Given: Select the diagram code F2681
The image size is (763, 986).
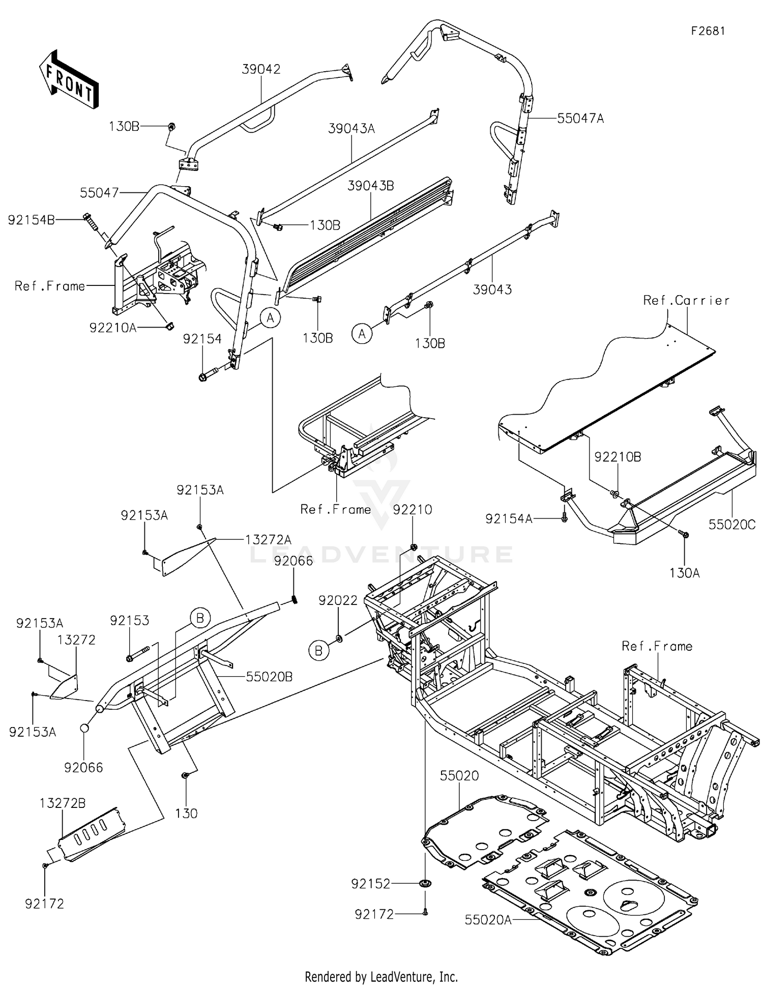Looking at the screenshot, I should (708, 31).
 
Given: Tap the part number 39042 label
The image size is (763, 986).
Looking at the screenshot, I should (261, 69).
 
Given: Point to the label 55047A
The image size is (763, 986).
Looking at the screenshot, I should (580, 119).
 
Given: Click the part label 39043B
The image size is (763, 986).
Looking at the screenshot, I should (370, 186).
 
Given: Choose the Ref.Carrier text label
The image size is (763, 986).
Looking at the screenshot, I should (686, 300).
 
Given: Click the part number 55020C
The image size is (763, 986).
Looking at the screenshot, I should (732, 524).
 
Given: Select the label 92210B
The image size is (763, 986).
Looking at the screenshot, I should (618, 457).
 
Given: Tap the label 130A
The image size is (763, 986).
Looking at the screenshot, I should (684, 573).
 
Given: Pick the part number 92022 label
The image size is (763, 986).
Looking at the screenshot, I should (338, 600).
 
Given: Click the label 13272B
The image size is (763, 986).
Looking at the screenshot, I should (63, 803).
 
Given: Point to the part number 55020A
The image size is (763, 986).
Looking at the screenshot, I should (488, 919).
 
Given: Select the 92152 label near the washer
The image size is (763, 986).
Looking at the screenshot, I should (370, 884).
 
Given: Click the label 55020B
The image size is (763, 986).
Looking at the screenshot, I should (269, 677).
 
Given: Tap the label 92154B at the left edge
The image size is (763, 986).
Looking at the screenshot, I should (32, 220).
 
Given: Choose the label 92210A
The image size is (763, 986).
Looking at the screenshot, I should (113, 328).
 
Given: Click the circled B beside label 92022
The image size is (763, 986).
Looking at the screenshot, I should (318, 651).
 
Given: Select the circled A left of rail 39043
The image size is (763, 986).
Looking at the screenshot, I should (362, 334).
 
